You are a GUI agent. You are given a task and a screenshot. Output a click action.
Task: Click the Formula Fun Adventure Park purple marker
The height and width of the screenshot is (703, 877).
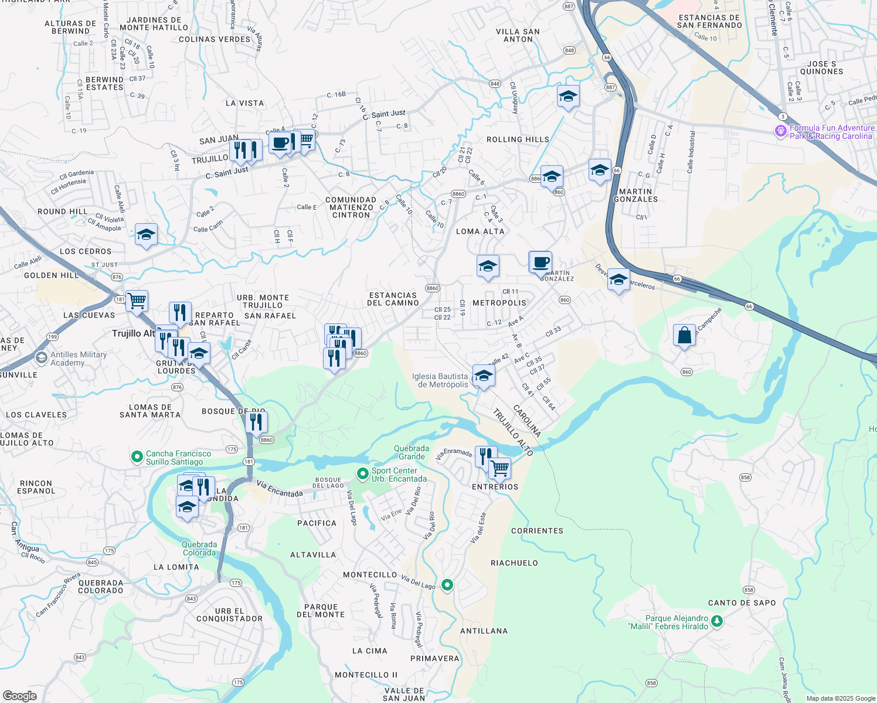(780, 131)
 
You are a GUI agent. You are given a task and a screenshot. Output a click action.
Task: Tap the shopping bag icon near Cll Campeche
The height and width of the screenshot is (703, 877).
(684, 336)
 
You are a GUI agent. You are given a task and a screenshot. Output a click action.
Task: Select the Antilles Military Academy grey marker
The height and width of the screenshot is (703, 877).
(41, 357)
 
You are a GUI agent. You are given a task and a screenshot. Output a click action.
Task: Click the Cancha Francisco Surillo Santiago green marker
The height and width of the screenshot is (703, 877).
(137, 456)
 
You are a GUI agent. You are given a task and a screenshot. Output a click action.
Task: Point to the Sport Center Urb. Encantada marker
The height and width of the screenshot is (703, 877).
(362, 473)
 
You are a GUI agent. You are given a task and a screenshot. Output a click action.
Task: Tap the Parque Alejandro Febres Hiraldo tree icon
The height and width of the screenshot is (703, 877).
(716, 621)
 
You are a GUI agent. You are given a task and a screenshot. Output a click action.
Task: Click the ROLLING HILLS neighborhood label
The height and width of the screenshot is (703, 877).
(518, 139)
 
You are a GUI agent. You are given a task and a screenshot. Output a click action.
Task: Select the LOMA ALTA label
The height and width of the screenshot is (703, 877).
(480, 231)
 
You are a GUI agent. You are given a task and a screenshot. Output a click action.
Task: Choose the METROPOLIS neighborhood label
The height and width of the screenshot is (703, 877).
(499, 303)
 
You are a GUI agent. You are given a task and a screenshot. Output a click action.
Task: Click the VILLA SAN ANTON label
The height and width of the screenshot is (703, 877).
(518, 36)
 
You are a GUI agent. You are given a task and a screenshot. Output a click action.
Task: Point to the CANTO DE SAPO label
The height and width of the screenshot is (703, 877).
(742, 603)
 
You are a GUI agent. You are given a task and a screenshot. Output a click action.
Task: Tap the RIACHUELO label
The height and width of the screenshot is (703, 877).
(514, 563)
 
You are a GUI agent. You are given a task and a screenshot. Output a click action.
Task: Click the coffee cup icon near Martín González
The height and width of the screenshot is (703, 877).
(541, 262)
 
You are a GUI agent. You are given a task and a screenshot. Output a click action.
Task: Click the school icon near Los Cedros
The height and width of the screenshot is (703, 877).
(146, 235)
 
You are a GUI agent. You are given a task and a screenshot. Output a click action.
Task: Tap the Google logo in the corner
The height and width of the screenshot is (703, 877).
(20, 695)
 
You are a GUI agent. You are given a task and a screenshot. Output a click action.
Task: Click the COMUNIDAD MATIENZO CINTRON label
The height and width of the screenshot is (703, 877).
(351, 207)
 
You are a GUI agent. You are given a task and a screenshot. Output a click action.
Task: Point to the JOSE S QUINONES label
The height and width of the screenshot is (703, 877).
(821, 68)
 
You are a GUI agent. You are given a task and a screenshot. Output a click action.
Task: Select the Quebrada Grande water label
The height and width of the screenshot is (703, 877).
(412, 452)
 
